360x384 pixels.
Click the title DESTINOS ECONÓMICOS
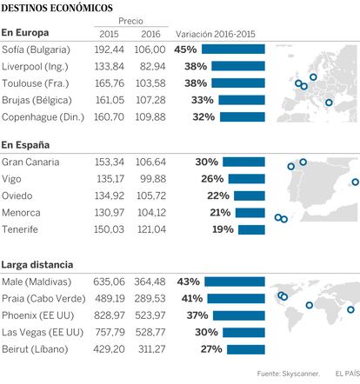(x=57, y=8)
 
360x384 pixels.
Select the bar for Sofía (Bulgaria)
(x=233, y=50)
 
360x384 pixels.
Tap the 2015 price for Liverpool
(x=110, y=66)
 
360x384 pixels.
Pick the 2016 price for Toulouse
(x=150, y=83)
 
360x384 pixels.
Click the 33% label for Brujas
(x=203, y=100)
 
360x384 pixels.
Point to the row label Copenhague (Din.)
(x=43, y=117)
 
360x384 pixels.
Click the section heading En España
(x=25, y=145)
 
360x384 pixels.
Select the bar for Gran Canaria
(x=243, y=162)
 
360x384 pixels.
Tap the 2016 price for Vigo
(x=153, y=179)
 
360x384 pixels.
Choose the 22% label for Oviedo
(x=218, y=195)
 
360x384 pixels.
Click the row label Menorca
(x=21, y=213)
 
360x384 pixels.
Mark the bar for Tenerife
(x=251, y=229)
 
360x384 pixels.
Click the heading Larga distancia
(x=37, y=265)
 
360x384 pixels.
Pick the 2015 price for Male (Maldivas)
(x=109, y=281)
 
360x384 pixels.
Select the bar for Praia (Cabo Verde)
(x=237, y=299)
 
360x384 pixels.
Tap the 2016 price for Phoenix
(x=150, y=315)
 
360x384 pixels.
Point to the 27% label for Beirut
(x=211, y=349)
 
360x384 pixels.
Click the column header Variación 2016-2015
(x=216, y=34)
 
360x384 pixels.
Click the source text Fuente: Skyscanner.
(x=289, y=374)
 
